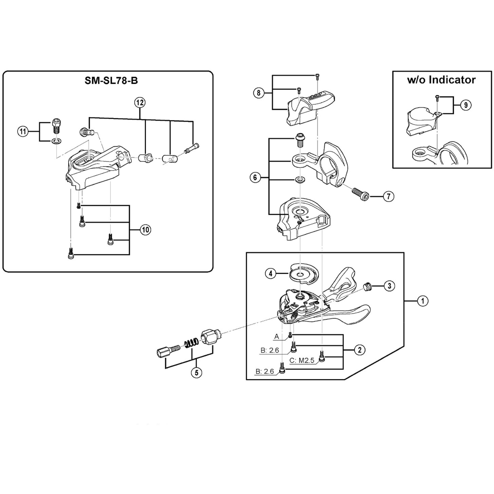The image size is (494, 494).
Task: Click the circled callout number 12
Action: click(x=140, y=103)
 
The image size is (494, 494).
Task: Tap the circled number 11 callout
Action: click(x=23, y=132)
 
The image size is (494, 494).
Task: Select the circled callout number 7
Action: click(x=389, y=196)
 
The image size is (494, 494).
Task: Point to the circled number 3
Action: click(x=390, y=286)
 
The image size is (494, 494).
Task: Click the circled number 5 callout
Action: click(x=196, y=372)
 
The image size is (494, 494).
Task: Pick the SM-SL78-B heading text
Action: click(x=111, y=81)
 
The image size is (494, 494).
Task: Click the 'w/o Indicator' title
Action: click(x=441, y=80)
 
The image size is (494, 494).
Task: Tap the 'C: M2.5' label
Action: click(x=302, y=361)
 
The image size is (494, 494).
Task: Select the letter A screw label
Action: click(x=276, y=337)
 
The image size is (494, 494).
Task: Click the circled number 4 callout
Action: click(x=270, y=274)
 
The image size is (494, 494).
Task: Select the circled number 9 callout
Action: click(x=466, y=105)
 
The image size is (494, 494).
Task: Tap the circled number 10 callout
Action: click(x=145, y=230)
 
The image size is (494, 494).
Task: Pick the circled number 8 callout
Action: click(x=259, y=93)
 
